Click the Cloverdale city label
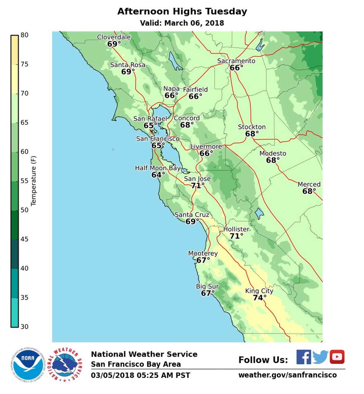coord(114,37)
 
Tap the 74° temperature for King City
coord(259,298)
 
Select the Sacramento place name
coord(236,61)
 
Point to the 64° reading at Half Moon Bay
coord(158,175)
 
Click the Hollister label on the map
coord(236,229)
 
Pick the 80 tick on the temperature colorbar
coord(24,35)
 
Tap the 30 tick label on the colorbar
coord(24,327)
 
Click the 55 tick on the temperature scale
coord(24,181)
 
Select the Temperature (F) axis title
coord(33,181)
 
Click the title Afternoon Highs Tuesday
coord(182,12)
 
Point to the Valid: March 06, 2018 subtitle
coord(182,23)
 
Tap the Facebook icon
coord(304,357)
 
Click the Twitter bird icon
coord(320,357)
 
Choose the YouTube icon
coord(337,357)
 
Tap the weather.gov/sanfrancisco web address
coord(287,375)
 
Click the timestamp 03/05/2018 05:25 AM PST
coord(140,375)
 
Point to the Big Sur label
coord(207,286)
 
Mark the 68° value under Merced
coord(309,191)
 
